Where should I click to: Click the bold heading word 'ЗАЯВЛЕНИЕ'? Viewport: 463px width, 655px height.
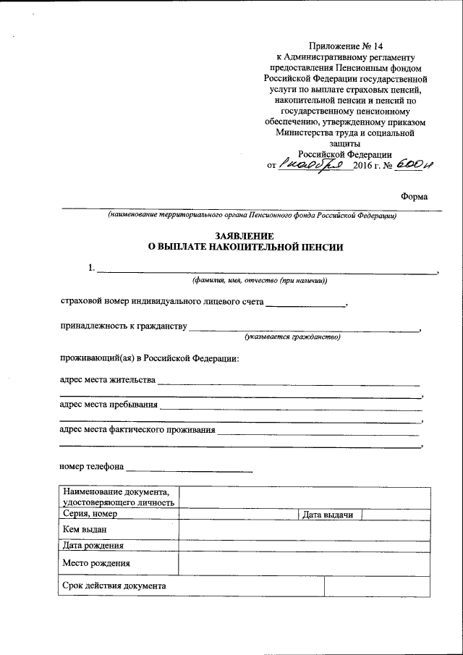click(x=244, y=236)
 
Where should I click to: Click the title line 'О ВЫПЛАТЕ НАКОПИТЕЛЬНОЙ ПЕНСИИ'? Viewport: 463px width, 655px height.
click(x=245, y=247)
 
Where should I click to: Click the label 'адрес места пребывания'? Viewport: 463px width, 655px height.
click(x=108, y=404)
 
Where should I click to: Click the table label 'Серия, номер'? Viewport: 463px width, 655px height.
click(x=90, y=514)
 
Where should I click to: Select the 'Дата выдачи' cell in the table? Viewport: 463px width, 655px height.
click(x=328, y=515)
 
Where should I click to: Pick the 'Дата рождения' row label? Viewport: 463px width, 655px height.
click(x=93, y=546)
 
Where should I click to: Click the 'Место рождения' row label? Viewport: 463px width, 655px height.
click(x=96, y=562)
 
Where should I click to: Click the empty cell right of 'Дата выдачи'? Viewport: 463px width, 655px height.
click(x=396, y=514)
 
